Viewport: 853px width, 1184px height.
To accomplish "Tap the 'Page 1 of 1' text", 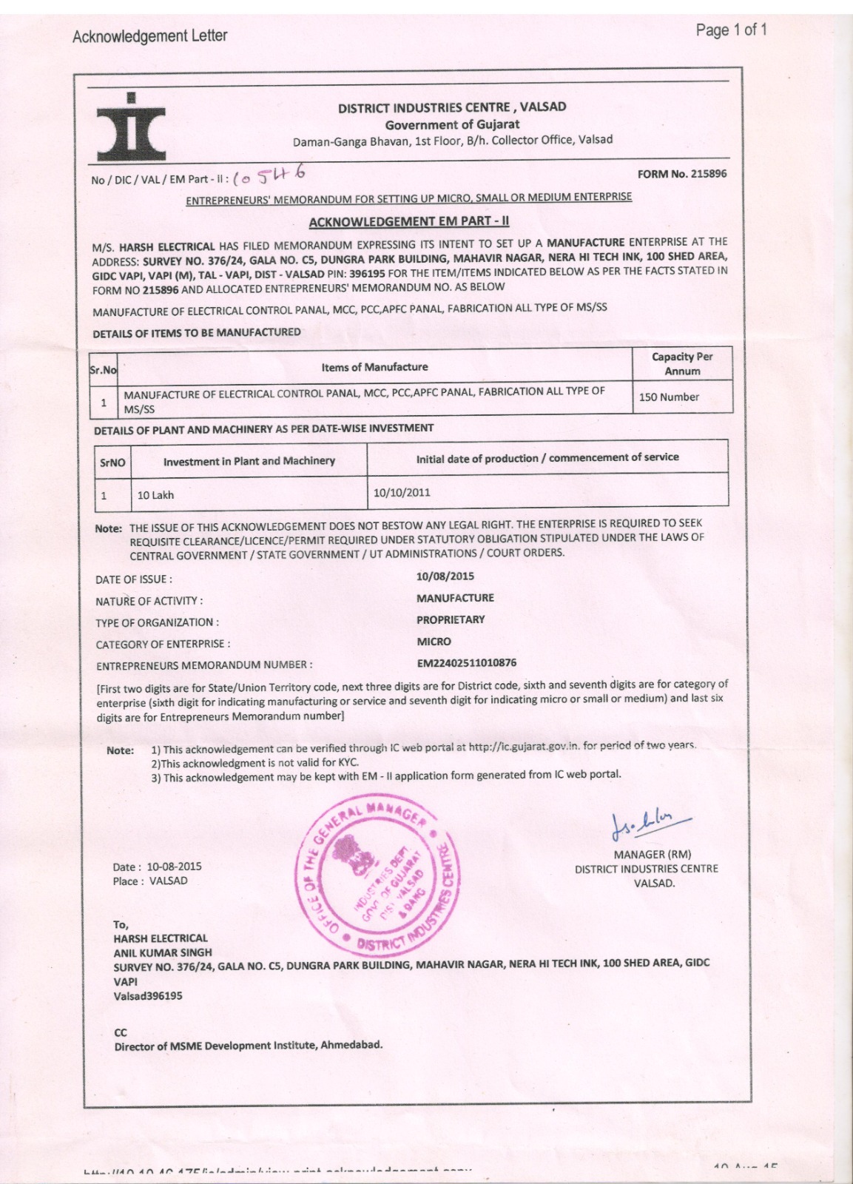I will point(731,30).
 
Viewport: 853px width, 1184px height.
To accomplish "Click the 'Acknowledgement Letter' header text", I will point(149,36).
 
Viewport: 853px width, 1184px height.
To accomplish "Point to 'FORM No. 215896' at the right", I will point(681,174).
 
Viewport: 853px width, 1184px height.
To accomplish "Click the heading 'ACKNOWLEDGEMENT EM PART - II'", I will point(408,221).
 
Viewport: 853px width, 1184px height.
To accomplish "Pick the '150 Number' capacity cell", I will point(669,397).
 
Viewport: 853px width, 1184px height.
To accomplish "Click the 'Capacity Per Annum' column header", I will point(682,363).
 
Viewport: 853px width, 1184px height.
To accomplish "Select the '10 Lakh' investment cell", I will point(155,495).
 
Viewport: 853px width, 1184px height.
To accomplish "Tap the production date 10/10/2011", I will point(401,492).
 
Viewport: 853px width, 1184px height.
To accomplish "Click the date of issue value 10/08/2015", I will point(445,576).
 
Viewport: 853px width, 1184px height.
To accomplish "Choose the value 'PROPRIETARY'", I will point(451,619).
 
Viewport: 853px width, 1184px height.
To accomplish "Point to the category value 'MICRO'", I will point(434,642).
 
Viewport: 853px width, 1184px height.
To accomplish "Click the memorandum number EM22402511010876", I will point(466,663).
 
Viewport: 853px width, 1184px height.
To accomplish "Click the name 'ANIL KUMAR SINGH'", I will point(163,952).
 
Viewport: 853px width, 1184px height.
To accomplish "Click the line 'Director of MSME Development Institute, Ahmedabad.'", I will point(248,1046).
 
